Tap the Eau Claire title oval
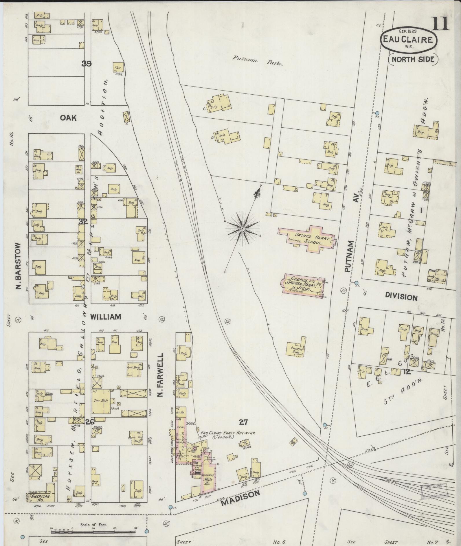point(409,40)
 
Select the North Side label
point(413,59)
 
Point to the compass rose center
point(243,229)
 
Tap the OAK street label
point(68,118)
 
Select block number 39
point(87,64)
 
